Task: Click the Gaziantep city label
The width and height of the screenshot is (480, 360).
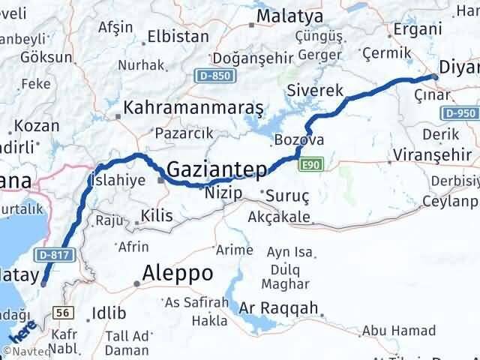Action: click(x=216, y=170)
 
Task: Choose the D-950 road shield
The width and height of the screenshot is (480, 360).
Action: click(x=460, y=113)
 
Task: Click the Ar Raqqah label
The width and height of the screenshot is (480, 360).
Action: click(x=280, y=308)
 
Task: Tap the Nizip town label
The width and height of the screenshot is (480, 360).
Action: click(x=223, y=193)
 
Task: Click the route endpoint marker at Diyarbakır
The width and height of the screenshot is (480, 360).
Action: click(x=434, y=77)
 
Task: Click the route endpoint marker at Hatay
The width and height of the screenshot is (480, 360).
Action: click(x=43, y=283)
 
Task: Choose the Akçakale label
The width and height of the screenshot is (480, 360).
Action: click(x=277, y=217)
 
